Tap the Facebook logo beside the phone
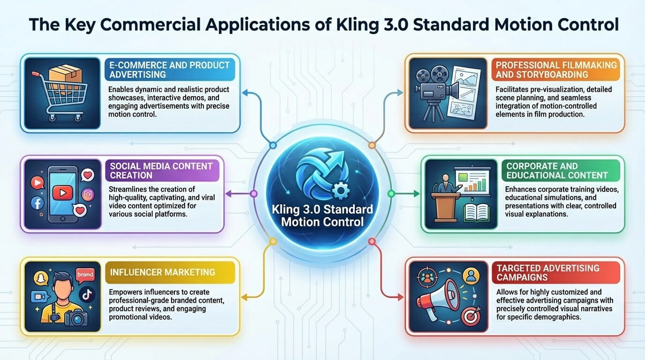[37, 203]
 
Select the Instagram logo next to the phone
[88, 195]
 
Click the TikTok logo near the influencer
[87, 294]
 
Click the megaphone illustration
[438, 298]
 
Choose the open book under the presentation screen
[477, 212]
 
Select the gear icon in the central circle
[341, 190]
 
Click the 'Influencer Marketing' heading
[162, 272]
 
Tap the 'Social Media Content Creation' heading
[161, 171]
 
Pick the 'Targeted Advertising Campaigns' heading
[547, 272]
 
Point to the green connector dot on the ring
[391, 194]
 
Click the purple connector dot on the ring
[254, 194]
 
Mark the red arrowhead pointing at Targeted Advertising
[400, 298]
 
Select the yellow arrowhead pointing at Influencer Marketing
[244, 298]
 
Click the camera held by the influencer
[76, 318]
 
